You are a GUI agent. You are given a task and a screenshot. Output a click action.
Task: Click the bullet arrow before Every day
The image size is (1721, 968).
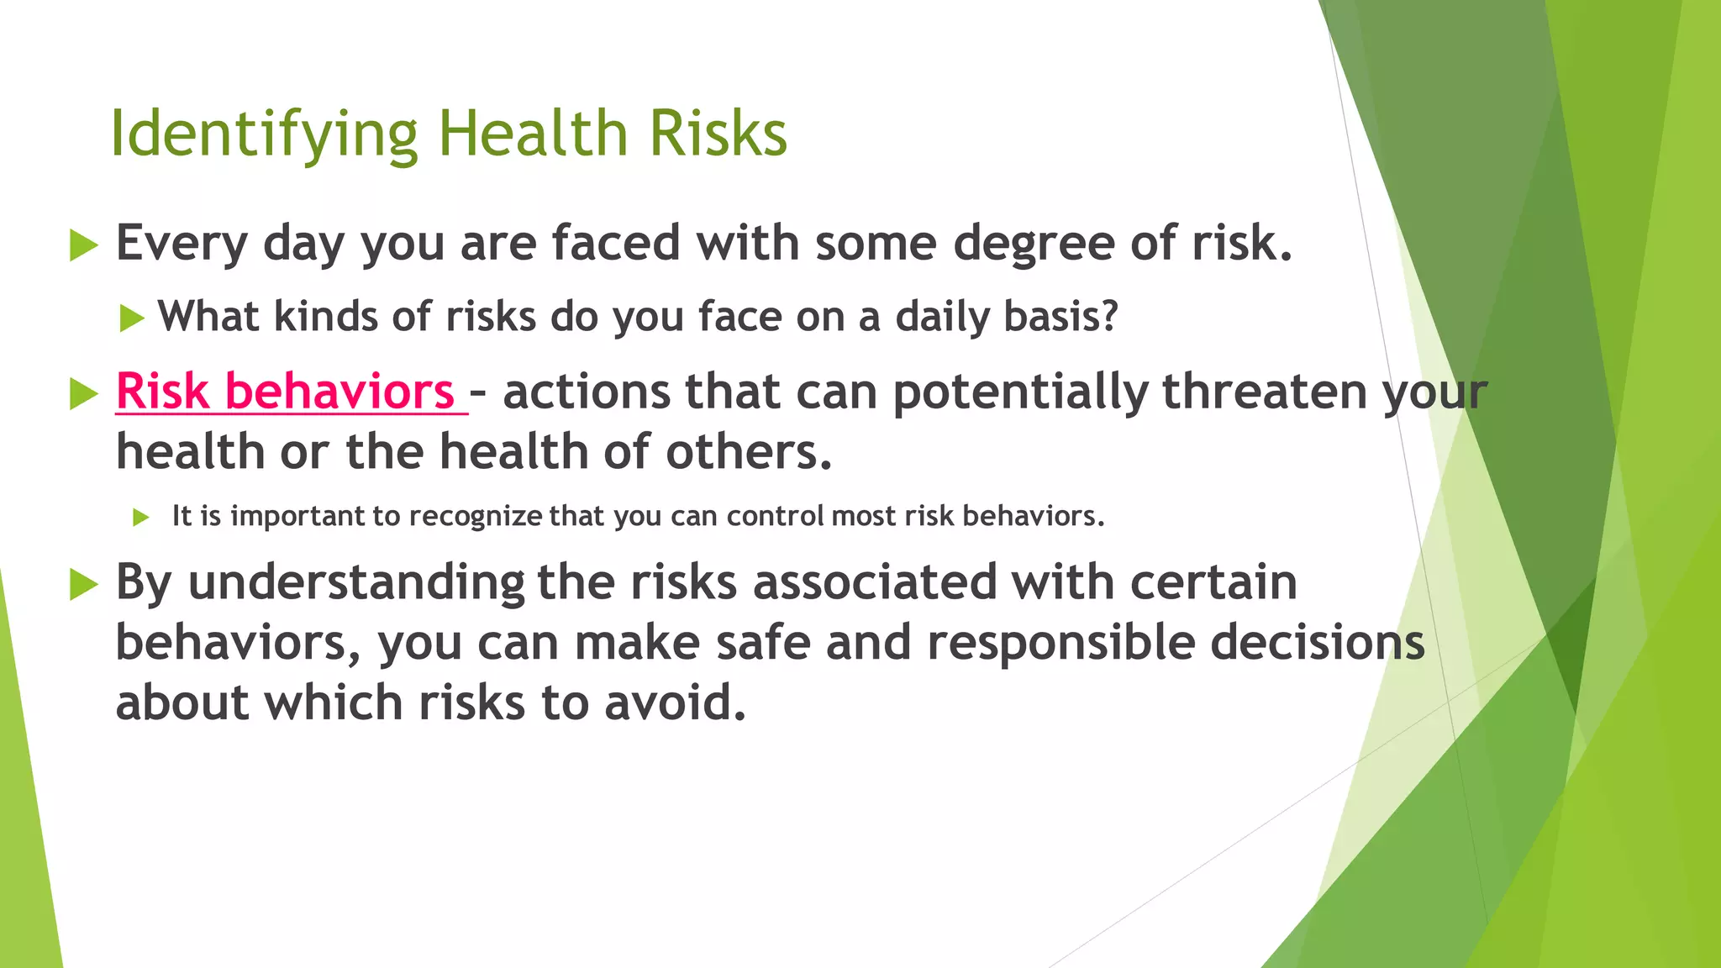[83, 245]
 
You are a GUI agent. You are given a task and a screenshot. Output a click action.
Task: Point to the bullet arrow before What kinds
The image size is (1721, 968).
[131, 318]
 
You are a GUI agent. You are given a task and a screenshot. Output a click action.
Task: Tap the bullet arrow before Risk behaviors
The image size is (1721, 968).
[83, 393]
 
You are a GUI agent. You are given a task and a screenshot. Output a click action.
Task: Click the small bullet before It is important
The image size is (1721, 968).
[140, 517]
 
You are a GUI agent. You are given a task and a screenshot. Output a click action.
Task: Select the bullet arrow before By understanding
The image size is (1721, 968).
[83, 584]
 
